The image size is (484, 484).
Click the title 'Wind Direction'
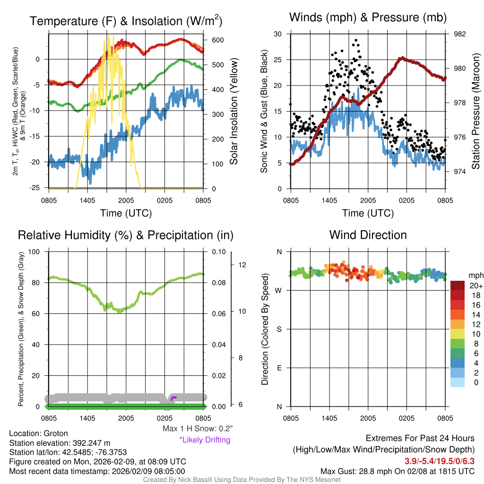click(x=368, y=235)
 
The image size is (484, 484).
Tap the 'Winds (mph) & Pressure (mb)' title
click(x=368, y=18)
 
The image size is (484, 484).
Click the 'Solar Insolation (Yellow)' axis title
click(x=233, y=112)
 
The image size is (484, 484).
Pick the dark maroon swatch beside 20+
click(x=458, y=286)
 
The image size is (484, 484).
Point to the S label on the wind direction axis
click(x=279, y=329)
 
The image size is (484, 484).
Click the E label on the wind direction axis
click(x=279, y=368)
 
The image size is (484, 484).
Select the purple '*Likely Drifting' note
click(x=205, y=440)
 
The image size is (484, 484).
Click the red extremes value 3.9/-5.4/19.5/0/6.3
click(x=439, y=461)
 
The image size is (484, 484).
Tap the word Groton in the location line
click(x=56, y=433)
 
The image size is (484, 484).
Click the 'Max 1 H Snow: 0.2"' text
click(x=198, y=429)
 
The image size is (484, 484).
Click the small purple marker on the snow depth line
click(x=173, y=398)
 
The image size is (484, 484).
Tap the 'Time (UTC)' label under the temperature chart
click(x=126, y=213)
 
